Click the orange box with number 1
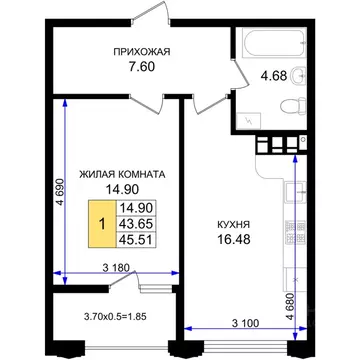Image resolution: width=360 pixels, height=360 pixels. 101,224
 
